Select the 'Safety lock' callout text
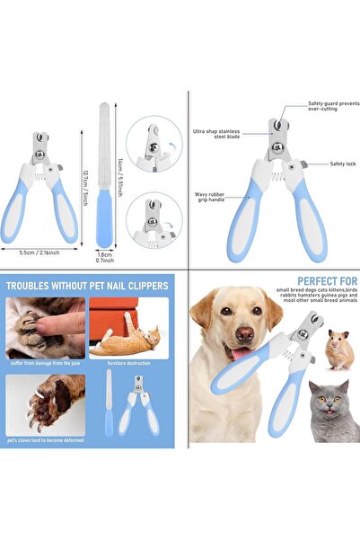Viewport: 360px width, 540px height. point(342,164)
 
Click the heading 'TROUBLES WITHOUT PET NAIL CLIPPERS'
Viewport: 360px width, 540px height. point(87,287)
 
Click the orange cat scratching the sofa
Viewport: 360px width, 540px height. point(128,339)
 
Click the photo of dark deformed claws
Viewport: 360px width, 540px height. point(45,404)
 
